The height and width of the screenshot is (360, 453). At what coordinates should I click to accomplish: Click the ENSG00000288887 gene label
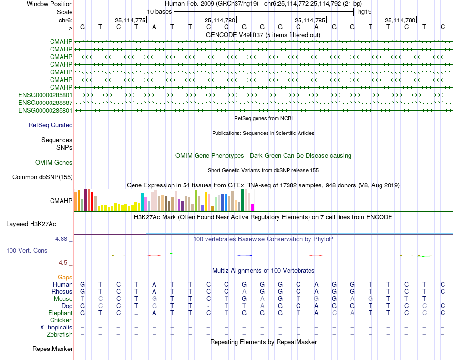point(45,103)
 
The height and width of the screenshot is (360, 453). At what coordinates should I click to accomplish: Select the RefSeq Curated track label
point(51,125)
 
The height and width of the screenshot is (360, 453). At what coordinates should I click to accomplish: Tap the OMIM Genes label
point(54,163)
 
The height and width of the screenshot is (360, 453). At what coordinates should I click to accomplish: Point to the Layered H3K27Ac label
point(31,224)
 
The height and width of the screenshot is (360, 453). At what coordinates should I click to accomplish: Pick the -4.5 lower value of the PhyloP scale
point(63,263)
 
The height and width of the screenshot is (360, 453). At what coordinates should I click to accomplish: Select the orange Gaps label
point(65,277)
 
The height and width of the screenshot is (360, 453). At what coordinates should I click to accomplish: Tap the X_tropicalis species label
point(56,328)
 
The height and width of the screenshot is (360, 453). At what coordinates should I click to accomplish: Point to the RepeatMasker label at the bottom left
point(52,349)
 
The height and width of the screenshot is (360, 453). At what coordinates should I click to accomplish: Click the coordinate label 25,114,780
point(220,20)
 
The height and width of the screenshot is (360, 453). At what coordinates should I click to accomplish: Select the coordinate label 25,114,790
point(400,20)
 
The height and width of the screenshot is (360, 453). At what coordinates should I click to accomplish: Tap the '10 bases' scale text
point(159,11)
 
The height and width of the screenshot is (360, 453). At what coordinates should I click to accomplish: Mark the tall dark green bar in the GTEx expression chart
point(243,200)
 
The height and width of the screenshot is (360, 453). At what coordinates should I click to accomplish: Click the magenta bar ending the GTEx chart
point(253,207)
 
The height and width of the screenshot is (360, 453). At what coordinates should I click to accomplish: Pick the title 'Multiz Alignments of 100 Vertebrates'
point(263,271)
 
